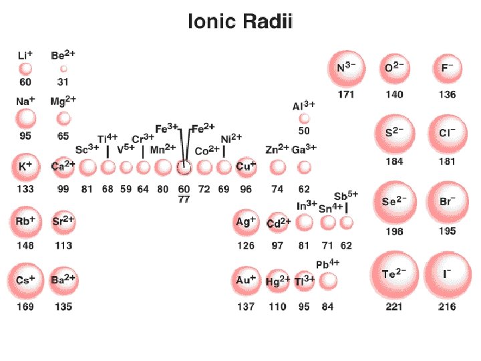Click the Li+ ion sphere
25,68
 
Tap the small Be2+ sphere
63,68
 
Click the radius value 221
393,307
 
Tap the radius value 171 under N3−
346,94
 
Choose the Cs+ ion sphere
25,280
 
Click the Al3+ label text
304,106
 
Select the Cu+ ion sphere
246,166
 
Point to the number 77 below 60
184,199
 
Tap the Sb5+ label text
346,195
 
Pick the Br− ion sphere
447,201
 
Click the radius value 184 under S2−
394,162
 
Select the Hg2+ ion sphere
278,281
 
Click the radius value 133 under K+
25,189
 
